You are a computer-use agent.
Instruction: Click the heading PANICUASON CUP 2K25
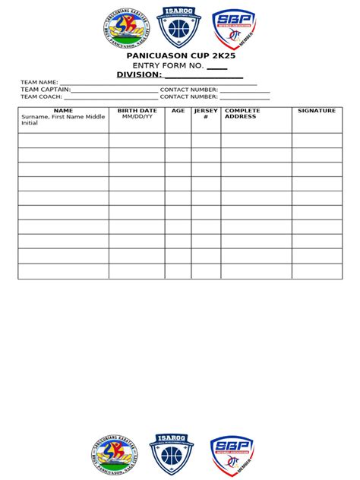(179, 57)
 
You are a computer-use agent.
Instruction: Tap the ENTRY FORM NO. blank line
(216, 68)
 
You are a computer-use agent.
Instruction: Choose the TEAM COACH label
(42, 97)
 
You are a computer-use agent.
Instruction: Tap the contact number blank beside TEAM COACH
(245, 99)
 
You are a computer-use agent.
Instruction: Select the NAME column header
(63, 111)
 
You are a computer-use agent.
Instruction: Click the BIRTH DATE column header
(137, 111)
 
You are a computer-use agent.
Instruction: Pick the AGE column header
(178, 111)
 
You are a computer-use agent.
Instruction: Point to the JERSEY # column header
(206, 114)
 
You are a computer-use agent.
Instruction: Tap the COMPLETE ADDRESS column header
(242, 114)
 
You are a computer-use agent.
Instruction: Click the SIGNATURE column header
(317, 111)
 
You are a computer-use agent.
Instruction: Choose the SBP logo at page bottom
(232, 454)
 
